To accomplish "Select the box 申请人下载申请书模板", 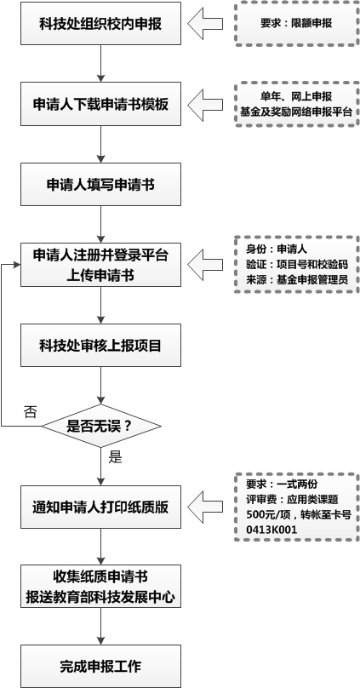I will [101, 104].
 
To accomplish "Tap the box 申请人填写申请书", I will [101, 184].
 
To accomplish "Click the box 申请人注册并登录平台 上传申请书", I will [101, 265].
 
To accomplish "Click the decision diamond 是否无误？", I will [101, 423].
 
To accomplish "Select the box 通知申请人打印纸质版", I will [101, 505].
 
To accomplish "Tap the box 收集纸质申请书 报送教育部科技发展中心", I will [101, 586].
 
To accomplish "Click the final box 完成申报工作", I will [101, 664].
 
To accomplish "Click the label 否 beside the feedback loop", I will [31, 411].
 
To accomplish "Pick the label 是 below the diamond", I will [116, 456].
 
